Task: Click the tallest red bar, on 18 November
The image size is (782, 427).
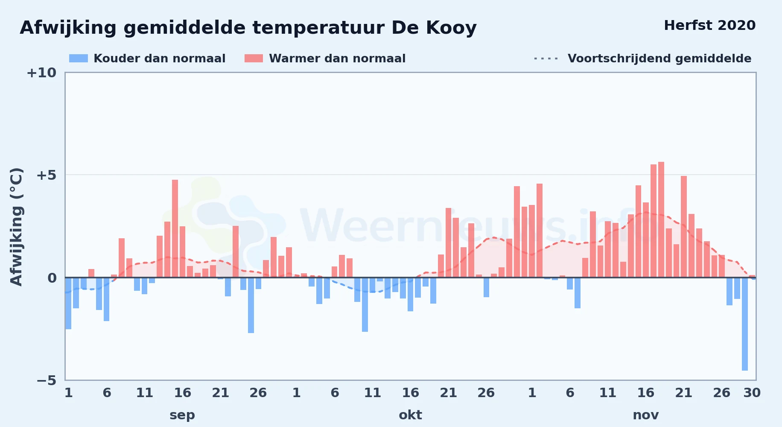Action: tap(661, 219)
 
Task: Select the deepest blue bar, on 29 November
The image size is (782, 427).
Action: tap(744, 324)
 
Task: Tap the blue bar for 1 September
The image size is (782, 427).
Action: tap(68, 303)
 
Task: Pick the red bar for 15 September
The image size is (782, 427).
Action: tap(175, 228)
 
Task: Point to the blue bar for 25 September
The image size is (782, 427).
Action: tap(251, 305)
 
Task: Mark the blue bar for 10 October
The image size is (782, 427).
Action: tap(365, 304)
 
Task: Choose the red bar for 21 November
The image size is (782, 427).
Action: tap(684, 227)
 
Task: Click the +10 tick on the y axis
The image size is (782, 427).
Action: tap(41, 73)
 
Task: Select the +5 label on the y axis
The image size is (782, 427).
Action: tap(46, 175)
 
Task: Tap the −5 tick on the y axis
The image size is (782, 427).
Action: tap(46, 380)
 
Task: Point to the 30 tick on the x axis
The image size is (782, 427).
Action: tap(752, 393)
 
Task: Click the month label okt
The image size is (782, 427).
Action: tap(410, 415)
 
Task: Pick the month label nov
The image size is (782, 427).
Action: tap(645, 415)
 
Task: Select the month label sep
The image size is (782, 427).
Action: tap(182, 415)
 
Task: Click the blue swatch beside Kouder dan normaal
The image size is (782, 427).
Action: tap(79, 58)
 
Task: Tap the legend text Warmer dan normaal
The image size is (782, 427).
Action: tap(337, 58)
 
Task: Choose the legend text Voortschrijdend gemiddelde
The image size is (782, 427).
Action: tap(659, 58)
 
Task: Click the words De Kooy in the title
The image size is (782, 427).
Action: tap(434, 28)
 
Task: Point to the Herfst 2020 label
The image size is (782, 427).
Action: tap(710, 26)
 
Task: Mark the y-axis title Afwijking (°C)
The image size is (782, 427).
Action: tap(16, 227)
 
